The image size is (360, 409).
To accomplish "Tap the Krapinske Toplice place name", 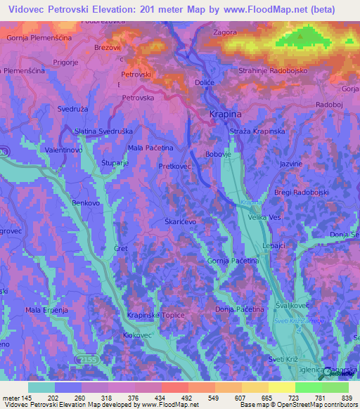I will coord(155,316).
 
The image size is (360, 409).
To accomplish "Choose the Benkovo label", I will coord(86,203).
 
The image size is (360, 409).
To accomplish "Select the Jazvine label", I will coord(291,163).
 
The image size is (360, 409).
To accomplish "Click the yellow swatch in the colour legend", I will coord(282,387).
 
